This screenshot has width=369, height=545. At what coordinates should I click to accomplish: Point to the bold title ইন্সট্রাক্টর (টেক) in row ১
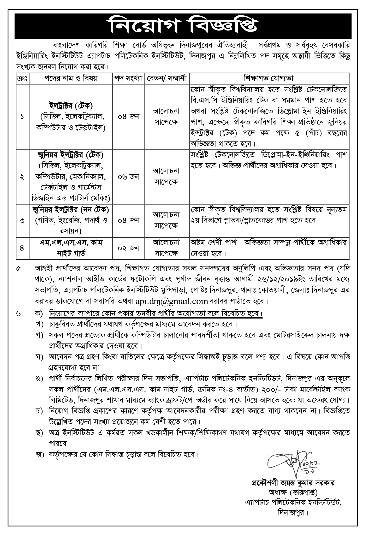(70, 105)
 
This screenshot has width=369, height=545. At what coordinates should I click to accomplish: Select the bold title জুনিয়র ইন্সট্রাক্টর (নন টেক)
(71, 209)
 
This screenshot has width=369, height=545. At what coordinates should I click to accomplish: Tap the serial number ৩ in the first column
(22, 221)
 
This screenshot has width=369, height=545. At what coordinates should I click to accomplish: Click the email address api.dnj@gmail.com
(172, 301)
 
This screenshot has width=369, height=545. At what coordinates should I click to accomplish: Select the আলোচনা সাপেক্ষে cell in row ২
(167, 177)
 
